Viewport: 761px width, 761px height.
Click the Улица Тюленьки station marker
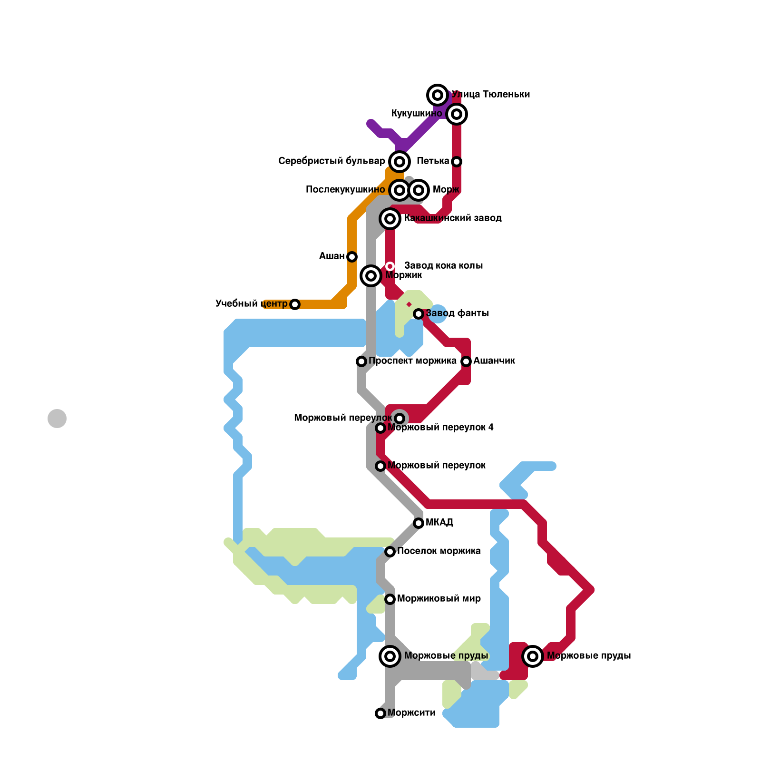438,95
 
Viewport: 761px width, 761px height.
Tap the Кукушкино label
417,114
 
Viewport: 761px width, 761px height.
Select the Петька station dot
457,162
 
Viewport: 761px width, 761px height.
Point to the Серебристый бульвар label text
332,161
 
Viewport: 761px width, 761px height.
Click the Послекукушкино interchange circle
400,190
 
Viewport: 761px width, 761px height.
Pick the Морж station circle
419,190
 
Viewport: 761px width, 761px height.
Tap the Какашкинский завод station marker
390,219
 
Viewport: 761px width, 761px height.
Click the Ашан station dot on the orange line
352,257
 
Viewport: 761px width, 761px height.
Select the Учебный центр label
251,303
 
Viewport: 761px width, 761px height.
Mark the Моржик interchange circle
371,275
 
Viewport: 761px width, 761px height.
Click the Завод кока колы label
443,265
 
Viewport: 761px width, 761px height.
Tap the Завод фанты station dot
419,314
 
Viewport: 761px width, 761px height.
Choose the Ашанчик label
494,361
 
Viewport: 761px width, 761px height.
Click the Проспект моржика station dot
361,361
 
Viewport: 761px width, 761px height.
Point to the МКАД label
439,523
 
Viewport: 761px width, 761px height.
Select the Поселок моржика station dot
390,552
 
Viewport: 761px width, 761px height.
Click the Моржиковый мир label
439,598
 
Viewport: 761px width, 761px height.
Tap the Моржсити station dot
380,713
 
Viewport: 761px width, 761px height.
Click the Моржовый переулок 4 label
440,428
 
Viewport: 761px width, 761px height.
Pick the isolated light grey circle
57,419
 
